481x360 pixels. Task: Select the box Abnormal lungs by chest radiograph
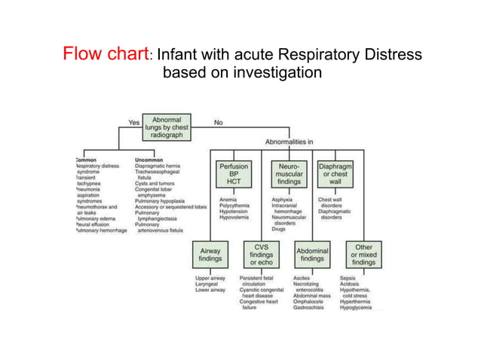point(167,127)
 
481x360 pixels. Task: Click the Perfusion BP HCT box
point(234,175)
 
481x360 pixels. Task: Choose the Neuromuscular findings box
point(290,175)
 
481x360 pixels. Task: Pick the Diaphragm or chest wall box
point(335,175)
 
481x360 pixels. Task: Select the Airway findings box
point(210,254)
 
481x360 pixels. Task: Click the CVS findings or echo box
point(262,254)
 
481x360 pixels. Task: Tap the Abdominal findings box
point(312,254)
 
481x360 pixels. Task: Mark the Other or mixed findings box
point(363,254)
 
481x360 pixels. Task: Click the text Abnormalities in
point(290,142)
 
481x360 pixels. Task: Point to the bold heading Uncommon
point(149,160)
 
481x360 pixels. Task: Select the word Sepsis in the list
point(348,279)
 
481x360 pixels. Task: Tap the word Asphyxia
point(283,200)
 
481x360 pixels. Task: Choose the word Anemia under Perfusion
point(228,200)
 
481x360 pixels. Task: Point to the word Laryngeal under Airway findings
point(207,284)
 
